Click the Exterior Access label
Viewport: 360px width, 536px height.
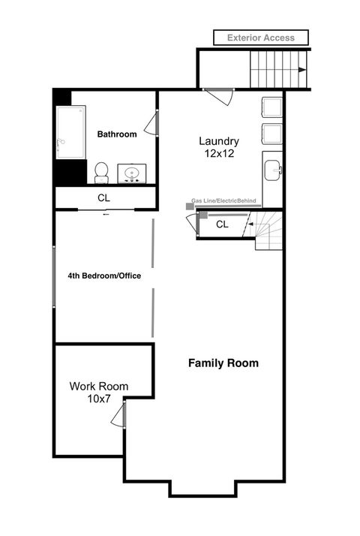260,38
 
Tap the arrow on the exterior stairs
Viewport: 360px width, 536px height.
301,70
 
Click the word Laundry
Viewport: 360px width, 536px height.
219,140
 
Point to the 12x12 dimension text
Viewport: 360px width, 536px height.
219,154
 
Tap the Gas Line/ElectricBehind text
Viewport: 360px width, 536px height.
223,201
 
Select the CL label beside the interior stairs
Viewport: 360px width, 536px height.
222,224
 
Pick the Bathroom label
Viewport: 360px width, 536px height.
117,134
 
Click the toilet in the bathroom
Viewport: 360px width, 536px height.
102,172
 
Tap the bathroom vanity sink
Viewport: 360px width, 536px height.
132,174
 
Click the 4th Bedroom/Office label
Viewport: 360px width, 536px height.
104,276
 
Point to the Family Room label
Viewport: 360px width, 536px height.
223,363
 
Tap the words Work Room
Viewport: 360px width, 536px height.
99,386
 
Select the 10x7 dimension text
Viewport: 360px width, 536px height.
99,399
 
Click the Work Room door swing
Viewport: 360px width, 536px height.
118,415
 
